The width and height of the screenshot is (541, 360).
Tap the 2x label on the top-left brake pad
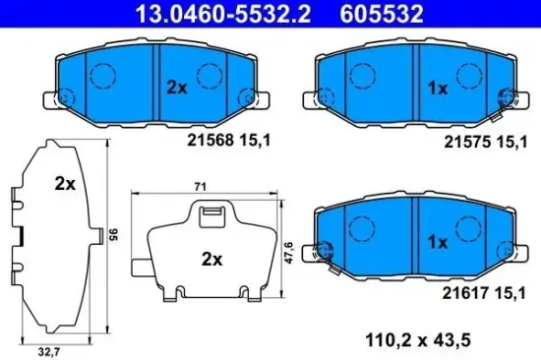pyautogui.click(x=176, y=87)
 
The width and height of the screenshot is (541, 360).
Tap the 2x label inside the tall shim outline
pyautogui.click(x=66, y=184)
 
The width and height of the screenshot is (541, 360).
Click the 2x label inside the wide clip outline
pyautogui.click(x=211, y=261)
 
